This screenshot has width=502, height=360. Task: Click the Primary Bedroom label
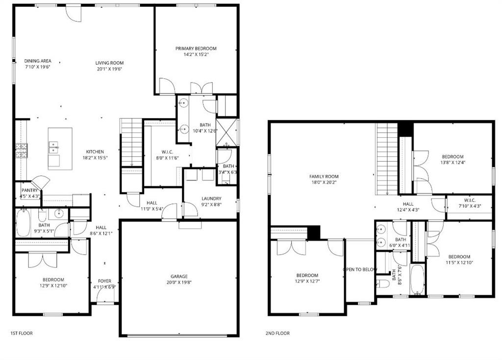(x=196, y=48)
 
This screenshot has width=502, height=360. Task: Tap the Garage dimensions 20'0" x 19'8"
(x=179, y=283)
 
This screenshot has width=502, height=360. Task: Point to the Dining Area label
(x=38, y=61)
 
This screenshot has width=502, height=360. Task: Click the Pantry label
(x=29, y=190)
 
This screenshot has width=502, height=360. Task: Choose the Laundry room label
(x=211, y=198)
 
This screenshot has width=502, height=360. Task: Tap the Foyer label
(x=104, y=281)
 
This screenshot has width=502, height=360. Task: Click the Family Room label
(x=324, y=176)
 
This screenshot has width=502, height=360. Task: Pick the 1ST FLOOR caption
(x=22, y=333)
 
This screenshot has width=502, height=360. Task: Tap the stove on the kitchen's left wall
(x=21, y=150)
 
